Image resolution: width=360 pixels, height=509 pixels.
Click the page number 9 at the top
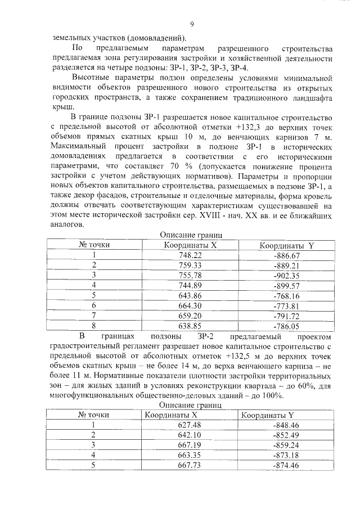(192, 24)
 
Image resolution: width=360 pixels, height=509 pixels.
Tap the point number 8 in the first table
(94, 325)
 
